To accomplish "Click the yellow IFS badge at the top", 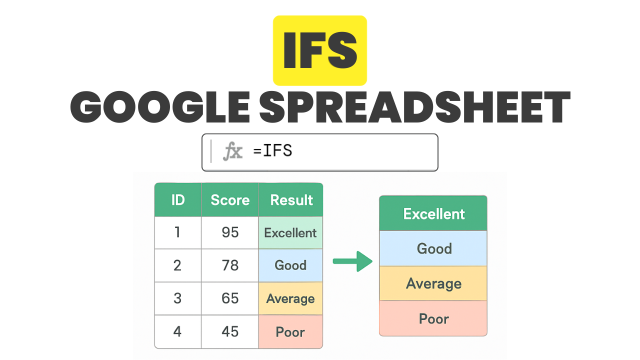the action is (319, 50).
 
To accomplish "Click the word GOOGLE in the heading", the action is (160, 107).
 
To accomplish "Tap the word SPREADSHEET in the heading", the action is (414, 107).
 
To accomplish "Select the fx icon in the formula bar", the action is (233, 151).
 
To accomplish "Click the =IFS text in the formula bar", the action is (272, 150).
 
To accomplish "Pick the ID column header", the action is (177, 199).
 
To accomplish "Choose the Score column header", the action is (230, 199).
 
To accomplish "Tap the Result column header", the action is (291, 199).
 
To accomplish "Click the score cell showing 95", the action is (230, 232).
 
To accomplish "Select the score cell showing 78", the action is (230, 265).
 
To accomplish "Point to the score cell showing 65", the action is (230, 298).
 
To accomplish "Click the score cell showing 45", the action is (230, 331).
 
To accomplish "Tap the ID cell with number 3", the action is (177, 298).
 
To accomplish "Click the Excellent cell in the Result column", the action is (290, 232).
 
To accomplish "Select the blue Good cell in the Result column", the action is (290, 265).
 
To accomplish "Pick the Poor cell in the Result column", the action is (290, 331).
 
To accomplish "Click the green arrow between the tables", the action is (352, 261).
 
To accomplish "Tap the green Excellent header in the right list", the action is (433, 213).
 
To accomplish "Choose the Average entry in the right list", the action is (433, 283).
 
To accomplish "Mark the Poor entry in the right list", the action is (433, 318).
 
